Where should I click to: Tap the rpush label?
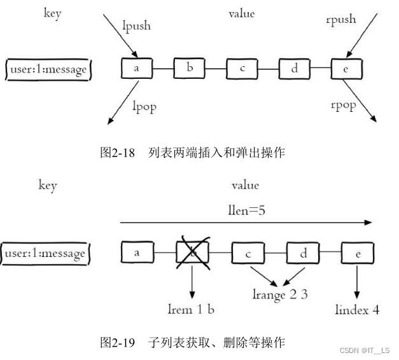pyautogui.click(x=340, y=20)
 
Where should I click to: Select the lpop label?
pyautogui.click(x=144, y=107)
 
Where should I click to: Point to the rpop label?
pyautogui.click(x=343, y=105)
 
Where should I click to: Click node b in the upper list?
pyautogui.click(x=188, y=68)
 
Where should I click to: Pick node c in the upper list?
pyautogui.click(x=241, y=68)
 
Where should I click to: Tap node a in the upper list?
pyautogui.click(x=136, y=68)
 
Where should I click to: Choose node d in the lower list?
pyautogui.click(x=302, y=253)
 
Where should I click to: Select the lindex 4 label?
pyautogui.click(x=357, y=310)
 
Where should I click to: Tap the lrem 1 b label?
pyautogui.click(x=192, y=309)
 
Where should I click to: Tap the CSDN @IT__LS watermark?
pyautogui.click(x=365, y=350)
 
